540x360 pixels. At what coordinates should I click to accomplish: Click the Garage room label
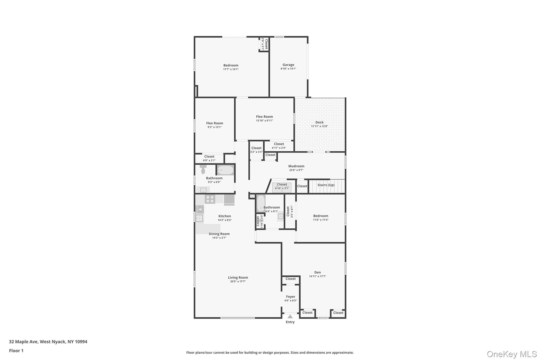tap(288, 65)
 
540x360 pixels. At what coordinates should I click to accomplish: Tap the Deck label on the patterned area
tap(319, 122)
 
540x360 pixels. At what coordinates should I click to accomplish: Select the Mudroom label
tap(296, 166)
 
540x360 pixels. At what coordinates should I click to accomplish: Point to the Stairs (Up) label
tap(326, 185)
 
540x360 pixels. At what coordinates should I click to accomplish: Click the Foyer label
tap(291, 297)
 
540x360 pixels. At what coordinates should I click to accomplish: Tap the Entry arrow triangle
tap(290, 316)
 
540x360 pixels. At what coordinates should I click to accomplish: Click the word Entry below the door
tap(290, 322)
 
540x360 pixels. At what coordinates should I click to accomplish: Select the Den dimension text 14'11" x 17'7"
tap(317, 276)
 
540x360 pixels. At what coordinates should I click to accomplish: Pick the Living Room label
tap(238, 277)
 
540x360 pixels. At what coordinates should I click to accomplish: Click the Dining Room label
tap(219, 234)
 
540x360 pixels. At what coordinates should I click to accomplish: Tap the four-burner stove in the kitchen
tap(210, 199)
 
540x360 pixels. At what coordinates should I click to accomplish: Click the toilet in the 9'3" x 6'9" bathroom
tap(203, 170)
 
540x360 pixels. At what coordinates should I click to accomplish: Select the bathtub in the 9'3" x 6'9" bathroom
tap(225, 170)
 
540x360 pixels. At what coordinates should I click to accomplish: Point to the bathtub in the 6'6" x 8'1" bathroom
tap(261, 203)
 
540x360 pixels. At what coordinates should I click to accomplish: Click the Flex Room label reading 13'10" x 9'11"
tap(264, 117)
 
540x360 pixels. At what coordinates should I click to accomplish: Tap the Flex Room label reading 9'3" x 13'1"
tap(215, 123)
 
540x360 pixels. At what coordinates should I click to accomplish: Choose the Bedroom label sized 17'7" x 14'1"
tap(231, 65)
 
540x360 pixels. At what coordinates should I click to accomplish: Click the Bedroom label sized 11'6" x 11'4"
tap(321, 216)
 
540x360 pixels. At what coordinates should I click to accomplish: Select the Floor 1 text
tap(16, 351)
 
